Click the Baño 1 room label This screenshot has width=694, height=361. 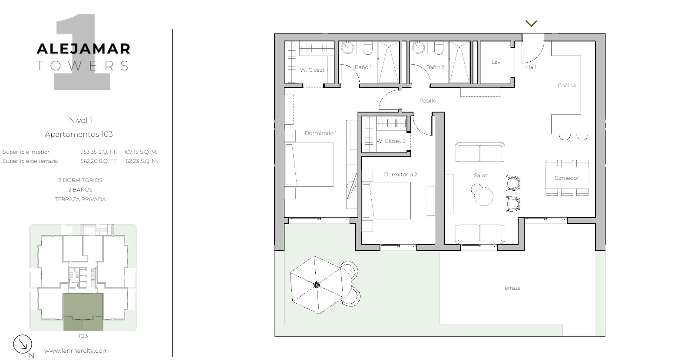pos(363,67)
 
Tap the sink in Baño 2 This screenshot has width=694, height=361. pos(419,48)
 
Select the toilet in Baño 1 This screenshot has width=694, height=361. pos(367,48)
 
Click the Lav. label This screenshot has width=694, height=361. pos(496,62)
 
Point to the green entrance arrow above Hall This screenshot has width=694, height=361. pos(531,23)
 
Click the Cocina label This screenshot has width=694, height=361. pos(567,86)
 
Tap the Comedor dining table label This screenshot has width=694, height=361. pos(567,178)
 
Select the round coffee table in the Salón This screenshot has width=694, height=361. pos(483,196)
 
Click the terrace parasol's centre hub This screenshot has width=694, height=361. pos(316,285)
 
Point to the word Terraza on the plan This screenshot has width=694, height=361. pos(511,288)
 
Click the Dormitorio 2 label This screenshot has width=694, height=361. pos(400,175)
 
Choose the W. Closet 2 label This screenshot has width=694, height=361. pos(391,141)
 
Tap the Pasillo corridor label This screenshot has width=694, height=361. pos(427,101)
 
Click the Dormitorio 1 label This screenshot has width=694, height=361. pos(321,133)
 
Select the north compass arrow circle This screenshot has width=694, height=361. pos(23,344)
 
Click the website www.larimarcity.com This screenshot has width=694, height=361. pos(76,351)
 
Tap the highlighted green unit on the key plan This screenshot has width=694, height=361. pos(83,311)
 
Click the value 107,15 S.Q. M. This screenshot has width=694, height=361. pos(141,152)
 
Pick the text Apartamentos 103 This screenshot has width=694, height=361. pos(79,135)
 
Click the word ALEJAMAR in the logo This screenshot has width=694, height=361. pos(83,49)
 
